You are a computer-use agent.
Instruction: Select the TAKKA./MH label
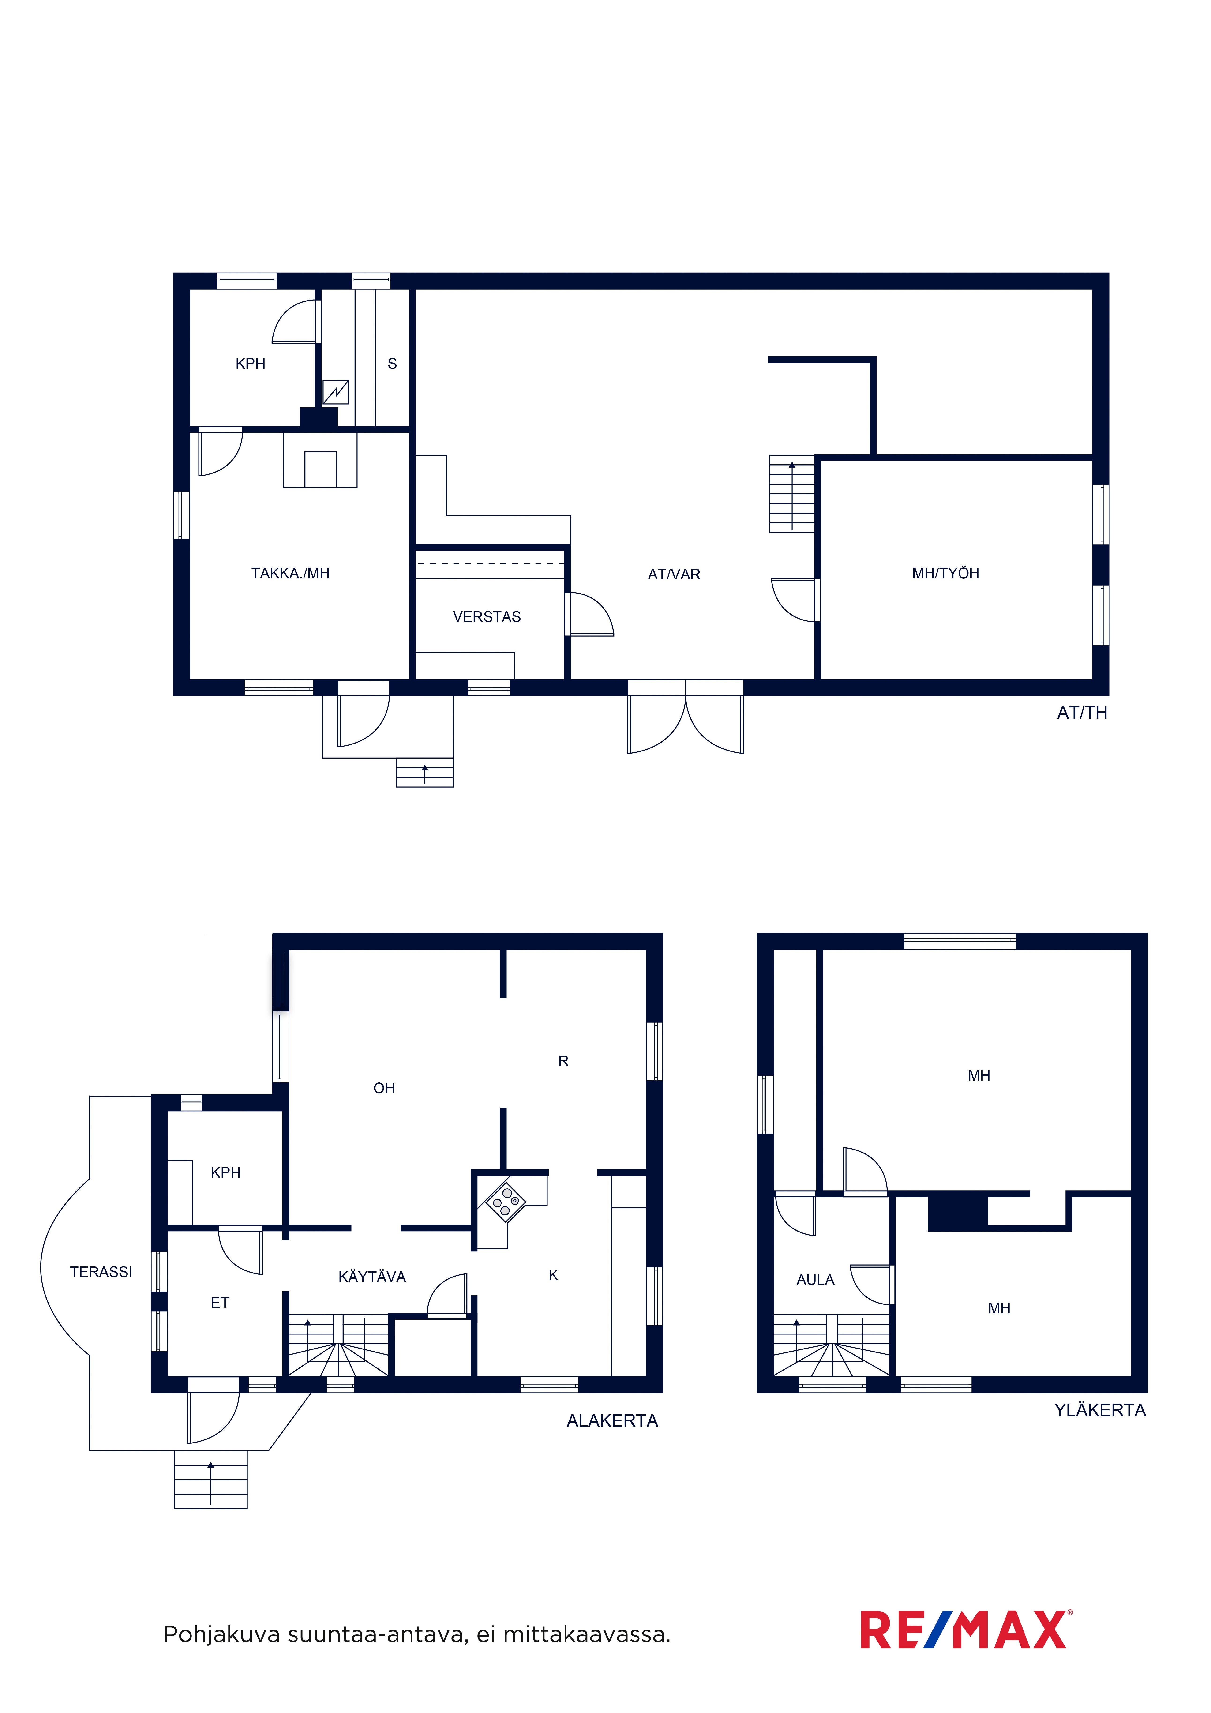290,573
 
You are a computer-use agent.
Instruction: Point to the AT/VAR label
674,575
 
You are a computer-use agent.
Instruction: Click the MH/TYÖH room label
945,573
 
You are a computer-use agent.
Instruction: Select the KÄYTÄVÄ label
371,1277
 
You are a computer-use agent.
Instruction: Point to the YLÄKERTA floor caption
1100,1410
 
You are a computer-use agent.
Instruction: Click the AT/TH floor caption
1082,713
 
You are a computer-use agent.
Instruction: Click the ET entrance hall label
219,1303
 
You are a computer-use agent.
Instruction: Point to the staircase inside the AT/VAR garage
792,494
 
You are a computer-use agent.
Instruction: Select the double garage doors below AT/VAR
686,716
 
